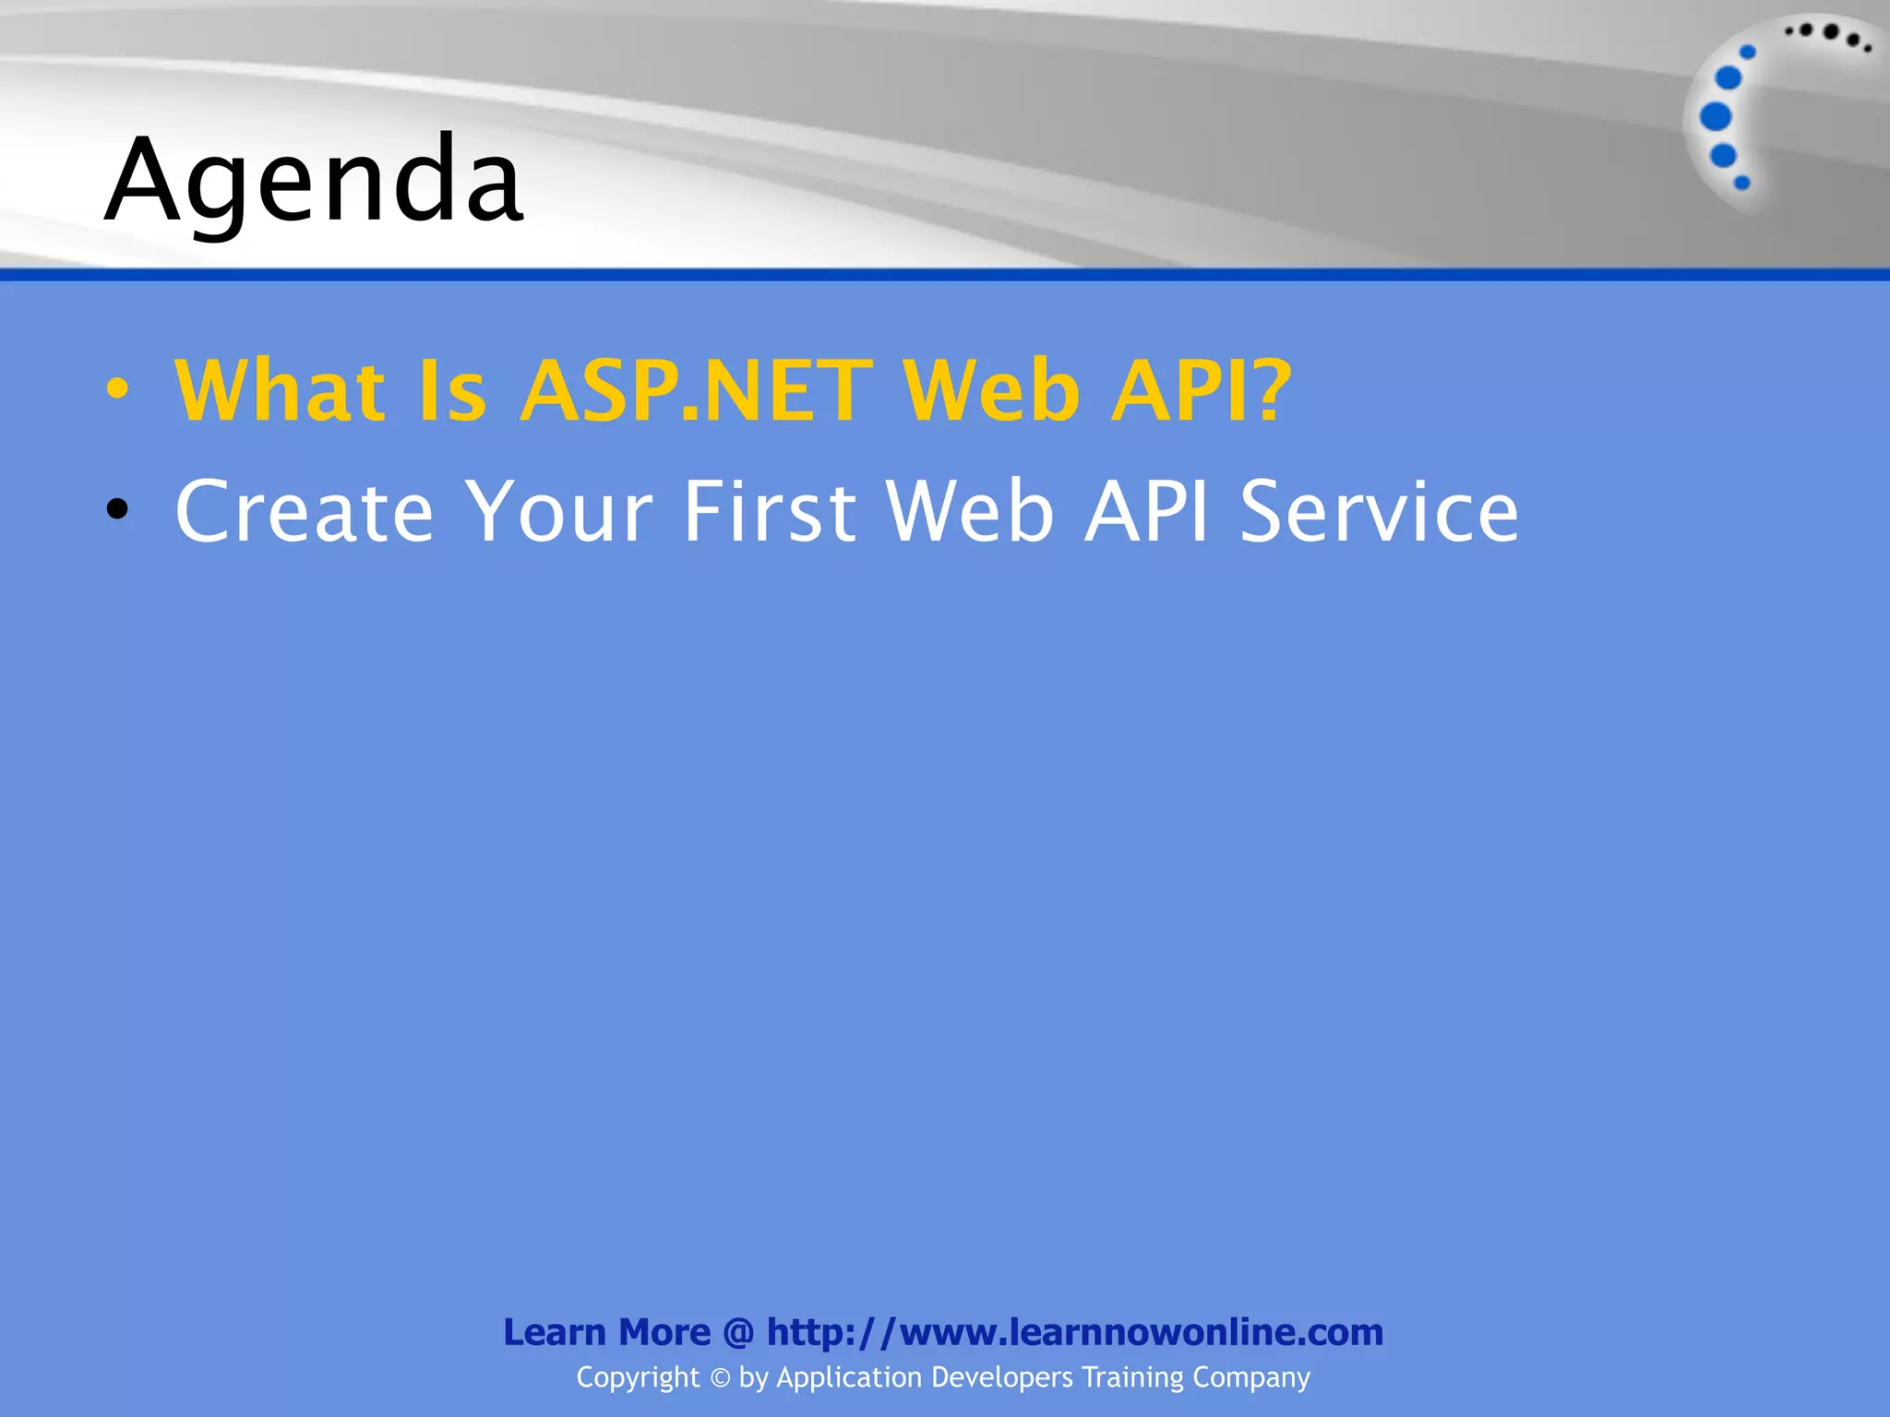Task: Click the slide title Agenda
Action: click(x=314, y=180)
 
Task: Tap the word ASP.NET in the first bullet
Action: click(x=696, y=391)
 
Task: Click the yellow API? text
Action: click(x=1201, y=391)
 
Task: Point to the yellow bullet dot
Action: click(x=117, y=388)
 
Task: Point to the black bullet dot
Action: click(x=117, y=509)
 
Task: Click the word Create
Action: click(x=304, y=511)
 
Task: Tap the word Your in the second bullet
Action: click(x=558, y=511)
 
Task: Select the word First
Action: click(x=770, y=511)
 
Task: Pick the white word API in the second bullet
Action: click(x=1145, y=511)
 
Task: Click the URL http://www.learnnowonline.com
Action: click(x=1074, y=1332)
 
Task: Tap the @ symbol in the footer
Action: click(x=738, y=1332)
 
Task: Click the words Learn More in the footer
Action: click(x=606, y=1332)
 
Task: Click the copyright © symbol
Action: click(x=720, y=1378)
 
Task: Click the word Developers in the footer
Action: click(x=1002, y=1377)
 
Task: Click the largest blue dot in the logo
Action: click(x=1716, y=116)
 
